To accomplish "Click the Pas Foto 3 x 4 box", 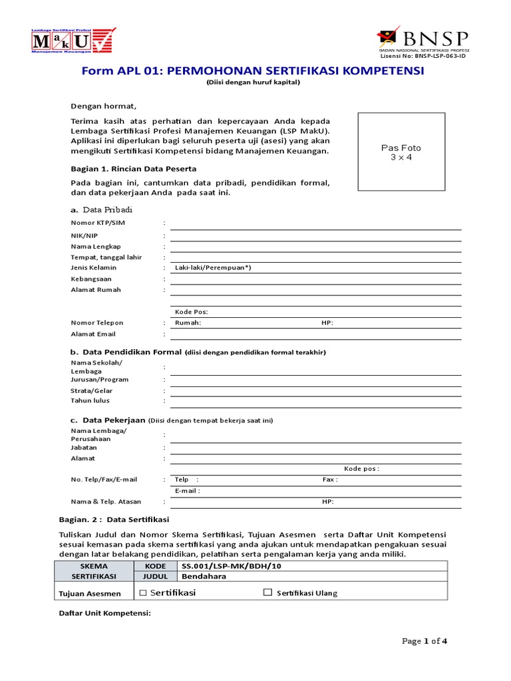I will tap(401, 152).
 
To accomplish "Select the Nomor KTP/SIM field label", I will tap(98, 223).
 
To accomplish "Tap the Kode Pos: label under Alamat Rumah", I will tap(192, 311).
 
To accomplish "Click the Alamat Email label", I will tap(93, 334).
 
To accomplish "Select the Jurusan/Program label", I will tap(100, 380).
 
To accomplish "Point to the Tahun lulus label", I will tap(90, 400).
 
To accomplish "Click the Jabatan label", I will tap(85, 448).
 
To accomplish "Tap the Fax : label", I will tap(330, 479).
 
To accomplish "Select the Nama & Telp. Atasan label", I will tap(106, 502).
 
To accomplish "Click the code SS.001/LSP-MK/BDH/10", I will tap(221, 565).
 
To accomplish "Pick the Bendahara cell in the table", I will tap(204, 577).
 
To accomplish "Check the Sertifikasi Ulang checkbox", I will tap(268, 593).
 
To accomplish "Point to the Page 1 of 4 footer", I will tap(425, 641).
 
